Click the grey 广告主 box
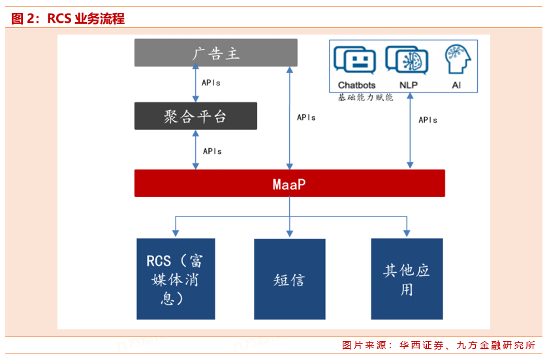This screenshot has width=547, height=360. click(215, 53)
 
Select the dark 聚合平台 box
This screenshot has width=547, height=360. click(195, 116)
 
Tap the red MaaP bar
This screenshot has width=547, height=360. click(289, 183)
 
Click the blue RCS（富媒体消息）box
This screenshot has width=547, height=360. click(176, 279)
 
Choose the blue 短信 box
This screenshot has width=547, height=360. click(289, 279)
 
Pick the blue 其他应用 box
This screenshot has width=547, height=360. click(407, 279)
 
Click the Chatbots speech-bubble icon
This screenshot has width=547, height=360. click(356, 61)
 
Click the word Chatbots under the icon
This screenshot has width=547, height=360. click(356, 85)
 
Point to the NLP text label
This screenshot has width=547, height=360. click(409, 85)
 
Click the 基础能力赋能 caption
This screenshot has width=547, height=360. click(366, 98)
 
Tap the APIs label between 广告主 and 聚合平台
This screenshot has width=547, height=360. click(211, 83)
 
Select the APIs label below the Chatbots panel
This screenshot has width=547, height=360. click(428, 120)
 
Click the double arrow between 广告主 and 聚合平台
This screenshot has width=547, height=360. click(195, 84)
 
